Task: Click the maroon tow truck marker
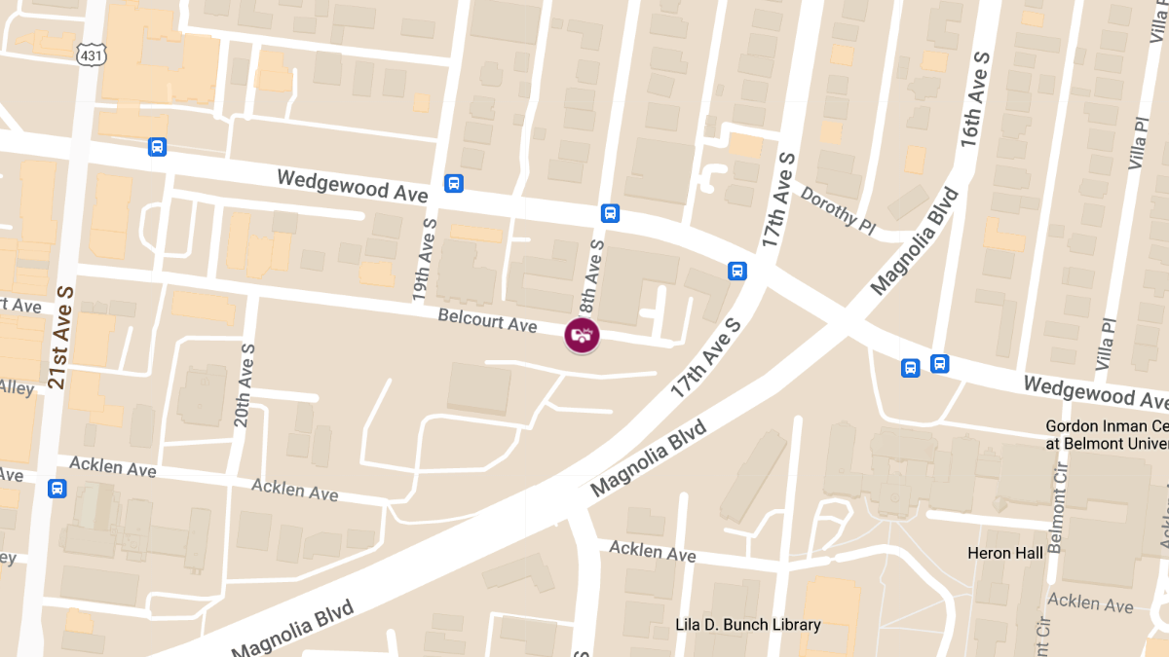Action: [x=582, y=336]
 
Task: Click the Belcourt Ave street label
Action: [x=488, y=319]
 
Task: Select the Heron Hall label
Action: [x=1004, y=553]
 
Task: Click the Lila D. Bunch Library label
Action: [x=748, y=625]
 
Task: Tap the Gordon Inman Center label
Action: [x=1106, y=435]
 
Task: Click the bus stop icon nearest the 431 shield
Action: [x=157, y=147]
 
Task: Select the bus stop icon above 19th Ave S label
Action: [x=453, y=183]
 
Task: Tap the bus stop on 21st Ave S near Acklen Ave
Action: [x=57, y=488]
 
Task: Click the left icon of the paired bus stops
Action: [x=910, y=368]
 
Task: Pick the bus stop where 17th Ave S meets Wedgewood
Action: [x=737, y=271]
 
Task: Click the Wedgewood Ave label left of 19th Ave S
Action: [x=352, y=185]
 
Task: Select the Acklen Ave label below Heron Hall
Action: [x=1090, y=603]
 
